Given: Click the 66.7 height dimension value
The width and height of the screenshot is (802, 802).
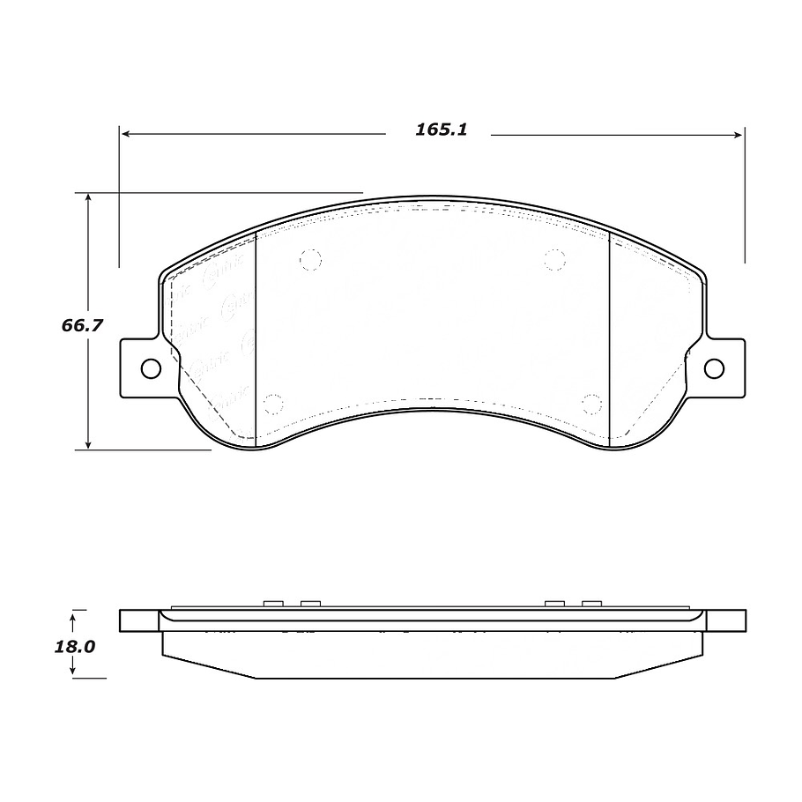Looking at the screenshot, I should pyautogui.click(x=82, y=325).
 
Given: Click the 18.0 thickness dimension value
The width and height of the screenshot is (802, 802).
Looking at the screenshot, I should pyautogui.click(x=74, y=646).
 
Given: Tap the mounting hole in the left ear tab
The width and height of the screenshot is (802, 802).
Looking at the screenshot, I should pyautogui.click(x=151, y=368).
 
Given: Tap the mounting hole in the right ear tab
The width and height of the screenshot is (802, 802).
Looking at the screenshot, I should pyautogui.click(x=714, y=368).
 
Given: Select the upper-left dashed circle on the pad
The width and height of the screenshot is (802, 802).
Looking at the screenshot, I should pyautogui.click(x=310, y=259).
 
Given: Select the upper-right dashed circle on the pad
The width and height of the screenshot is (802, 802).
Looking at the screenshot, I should pyautogui.click(x=554, y=258).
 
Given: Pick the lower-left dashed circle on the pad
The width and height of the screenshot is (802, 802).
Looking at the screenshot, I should pyautogui.click(x=273, y=405).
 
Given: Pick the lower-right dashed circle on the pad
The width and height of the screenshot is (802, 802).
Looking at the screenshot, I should pyautogui.click(x=591, y=404).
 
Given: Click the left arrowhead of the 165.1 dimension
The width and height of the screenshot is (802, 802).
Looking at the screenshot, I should pyautogui.click(x=126, y=135).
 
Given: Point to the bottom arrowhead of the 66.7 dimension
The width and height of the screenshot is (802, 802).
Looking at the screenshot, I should pyautogui.click(x=88, y=443).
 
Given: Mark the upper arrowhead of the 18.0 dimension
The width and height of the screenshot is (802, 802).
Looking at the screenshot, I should pyautogui.click(x=74, y=613).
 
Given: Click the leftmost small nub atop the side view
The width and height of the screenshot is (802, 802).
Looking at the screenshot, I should pyautogui.click(x=273, y=603).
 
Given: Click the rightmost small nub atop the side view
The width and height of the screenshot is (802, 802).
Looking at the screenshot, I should pyautogui.click(x=591, y=603).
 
